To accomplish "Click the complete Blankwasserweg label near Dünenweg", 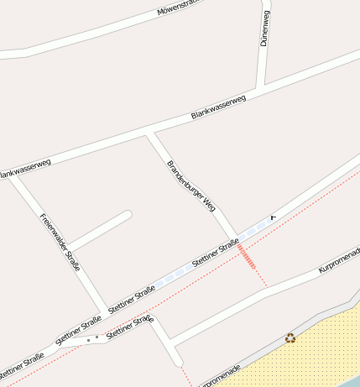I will [x=218, y=107].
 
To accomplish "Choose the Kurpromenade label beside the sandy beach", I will [x=217, y=375].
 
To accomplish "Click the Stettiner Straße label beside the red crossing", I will [x=217, y=253].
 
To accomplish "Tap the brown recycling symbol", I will [x=290, y=337].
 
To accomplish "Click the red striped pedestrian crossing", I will [x=247, y=256].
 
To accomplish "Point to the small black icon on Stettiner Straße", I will [x=272, y=217].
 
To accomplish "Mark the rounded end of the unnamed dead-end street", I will [x=128, y=214].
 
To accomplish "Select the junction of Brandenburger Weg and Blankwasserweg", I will [x=149, y=132].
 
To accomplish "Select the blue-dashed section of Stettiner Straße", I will [x=176, y=274].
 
